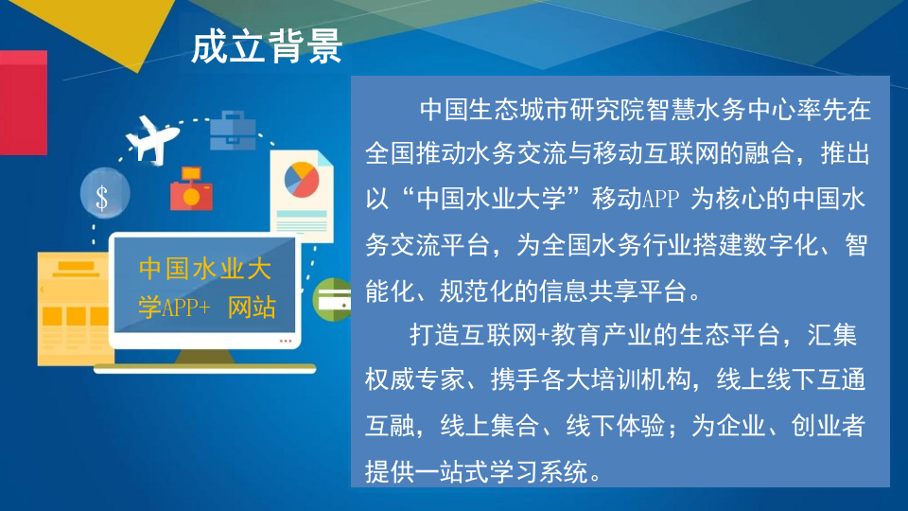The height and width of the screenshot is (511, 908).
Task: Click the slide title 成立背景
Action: point(266,46)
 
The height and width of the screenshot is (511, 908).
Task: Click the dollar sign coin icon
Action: point(101,196)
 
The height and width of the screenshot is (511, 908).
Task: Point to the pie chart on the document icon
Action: point(301,180)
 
